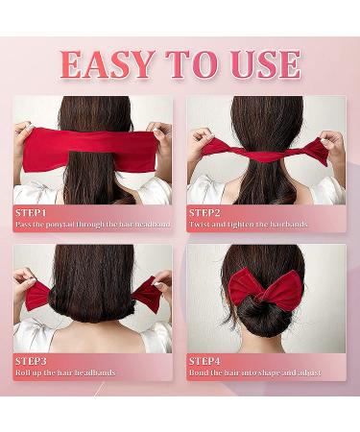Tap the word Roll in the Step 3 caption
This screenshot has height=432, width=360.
23,372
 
